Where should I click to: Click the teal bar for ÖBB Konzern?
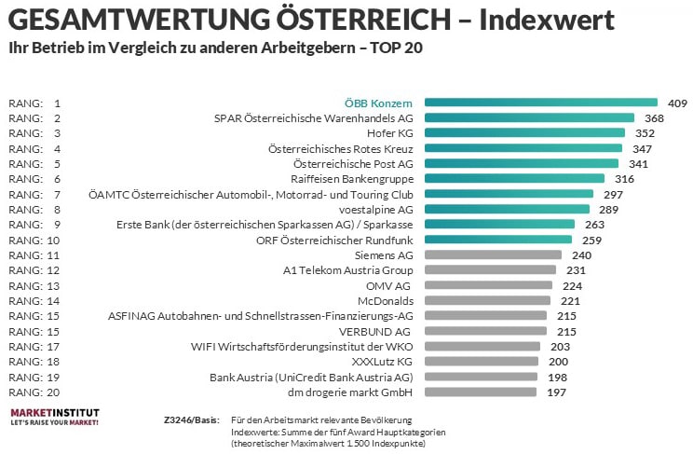tap(540, 103)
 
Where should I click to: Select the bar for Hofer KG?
tap(525, 133)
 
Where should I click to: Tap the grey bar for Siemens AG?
tap(493, 254)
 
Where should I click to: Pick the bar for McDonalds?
tap(487, 300)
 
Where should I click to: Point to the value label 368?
tap(654, 118)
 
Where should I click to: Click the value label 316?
tap(624, 179)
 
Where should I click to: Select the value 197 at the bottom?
tap(555, 392)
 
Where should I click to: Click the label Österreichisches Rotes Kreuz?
tap(340, 148)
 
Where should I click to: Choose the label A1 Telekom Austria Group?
tap(348, 269)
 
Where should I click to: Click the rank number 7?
tap(57, 194)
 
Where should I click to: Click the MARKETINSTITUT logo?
tap(53, 416)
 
